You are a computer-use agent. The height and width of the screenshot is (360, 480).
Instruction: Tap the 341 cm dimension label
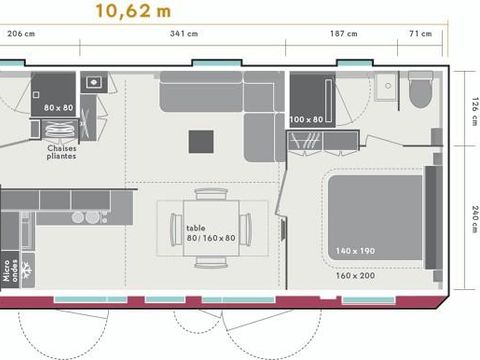185,34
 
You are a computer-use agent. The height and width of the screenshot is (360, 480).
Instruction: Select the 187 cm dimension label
344,34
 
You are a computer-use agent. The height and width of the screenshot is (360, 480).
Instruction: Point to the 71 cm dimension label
421,34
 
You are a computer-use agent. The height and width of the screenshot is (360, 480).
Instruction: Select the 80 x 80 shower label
58,107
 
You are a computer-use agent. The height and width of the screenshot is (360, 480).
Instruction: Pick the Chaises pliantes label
62,152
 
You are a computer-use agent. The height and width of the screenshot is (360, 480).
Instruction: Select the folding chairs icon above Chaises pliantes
62,130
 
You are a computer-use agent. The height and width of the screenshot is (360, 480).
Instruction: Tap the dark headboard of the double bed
433,218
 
